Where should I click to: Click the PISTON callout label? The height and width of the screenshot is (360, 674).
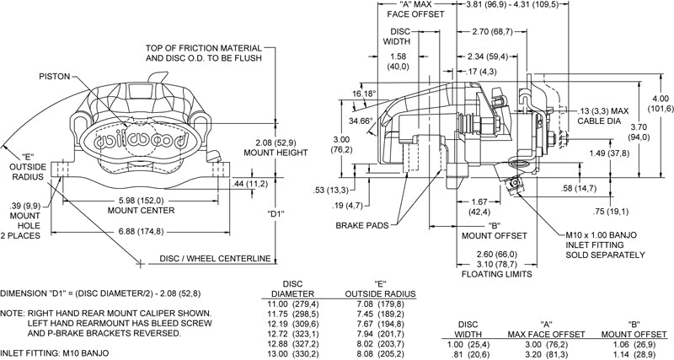(58, 75)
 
